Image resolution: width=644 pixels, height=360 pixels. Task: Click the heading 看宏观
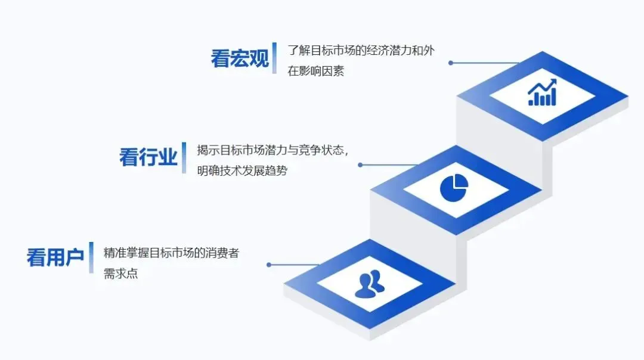tap(240, 58)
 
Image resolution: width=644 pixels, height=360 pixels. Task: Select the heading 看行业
tap(148, 158)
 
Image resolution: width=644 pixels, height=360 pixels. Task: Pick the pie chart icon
tap(454, 187)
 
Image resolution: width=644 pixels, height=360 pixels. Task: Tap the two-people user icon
tap(369, 284)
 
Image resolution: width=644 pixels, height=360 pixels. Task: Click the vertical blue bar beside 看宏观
tap(274, 58)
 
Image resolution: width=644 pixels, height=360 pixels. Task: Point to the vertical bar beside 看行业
tap(184, 157)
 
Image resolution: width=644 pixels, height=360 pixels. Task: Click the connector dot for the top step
tap(451, 63)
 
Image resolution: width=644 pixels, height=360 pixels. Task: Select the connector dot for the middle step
tap(360, 165)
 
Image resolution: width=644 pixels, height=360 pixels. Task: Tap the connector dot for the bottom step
tap(269, 265)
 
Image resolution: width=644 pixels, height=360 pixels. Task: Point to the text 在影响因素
tap(315, 72)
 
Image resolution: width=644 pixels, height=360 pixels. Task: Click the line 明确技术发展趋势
tap(242, 171)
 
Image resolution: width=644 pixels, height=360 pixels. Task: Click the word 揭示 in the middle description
tap(207, 150)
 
